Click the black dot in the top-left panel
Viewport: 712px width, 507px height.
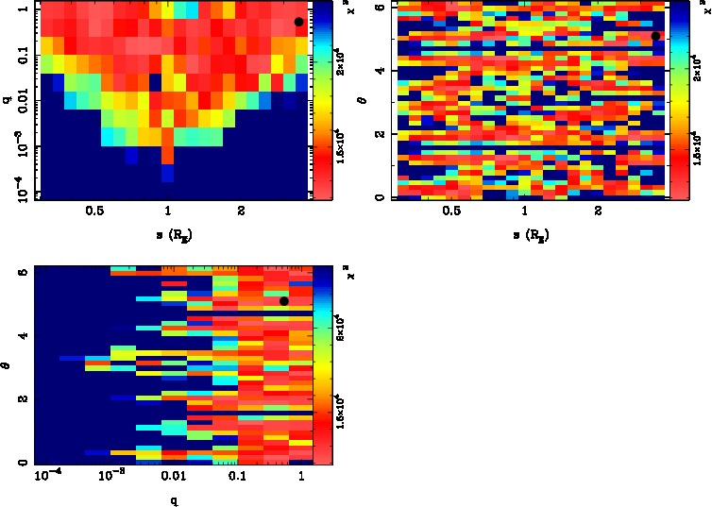tap(298, 22)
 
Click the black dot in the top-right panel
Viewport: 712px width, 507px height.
tap(655, 36)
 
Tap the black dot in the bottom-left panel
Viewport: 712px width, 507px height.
tap(283, 301)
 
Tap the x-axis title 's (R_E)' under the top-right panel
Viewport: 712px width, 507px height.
tap(525, 233)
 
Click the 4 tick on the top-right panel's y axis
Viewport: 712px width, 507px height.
tap(378, 71)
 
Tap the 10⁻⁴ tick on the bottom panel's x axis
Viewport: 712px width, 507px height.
tap(47, 475)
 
